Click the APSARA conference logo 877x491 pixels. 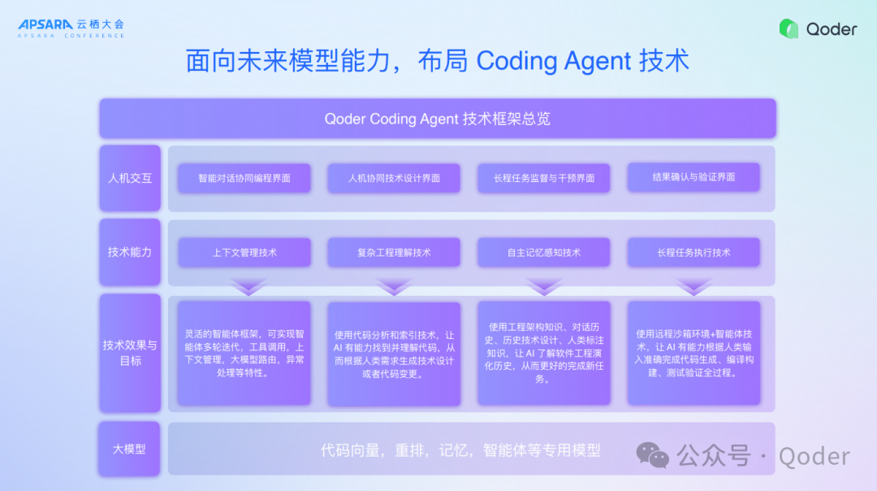pos(71,28)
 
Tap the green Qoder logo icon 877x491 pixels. pos(788,29)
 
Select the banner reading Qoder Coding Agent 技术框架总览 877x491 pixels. pos(438,119)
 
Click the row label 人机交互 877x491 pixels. pos(130,178)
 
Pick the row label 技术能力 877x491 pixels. pos(130,252)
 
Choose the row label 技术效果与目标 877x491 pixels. pos(130,352)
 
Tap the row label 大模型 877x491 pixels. pos(130,449)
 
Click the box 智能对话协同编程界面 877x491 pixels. pos(244,178)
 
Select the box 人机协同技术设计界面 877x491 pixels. pos(394,178)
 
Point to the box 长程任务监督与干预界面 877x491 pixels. pos(544,178)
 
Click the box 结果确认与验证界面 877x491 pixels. pos(693,176)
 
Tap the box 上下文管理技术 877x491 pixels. pos(244,253)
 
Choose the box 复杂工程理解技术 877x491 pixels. pos(394,253)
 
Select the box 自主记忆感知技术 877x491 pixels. pos(544,253)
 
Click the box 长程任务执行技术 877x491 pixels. pos(693,253)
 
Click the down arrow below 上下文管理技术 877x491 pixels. pos(248,286)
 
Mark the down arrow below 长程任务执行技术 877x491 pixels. pos(694,286)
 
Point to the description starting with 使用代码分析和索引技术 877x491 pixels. pos(394,354)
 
